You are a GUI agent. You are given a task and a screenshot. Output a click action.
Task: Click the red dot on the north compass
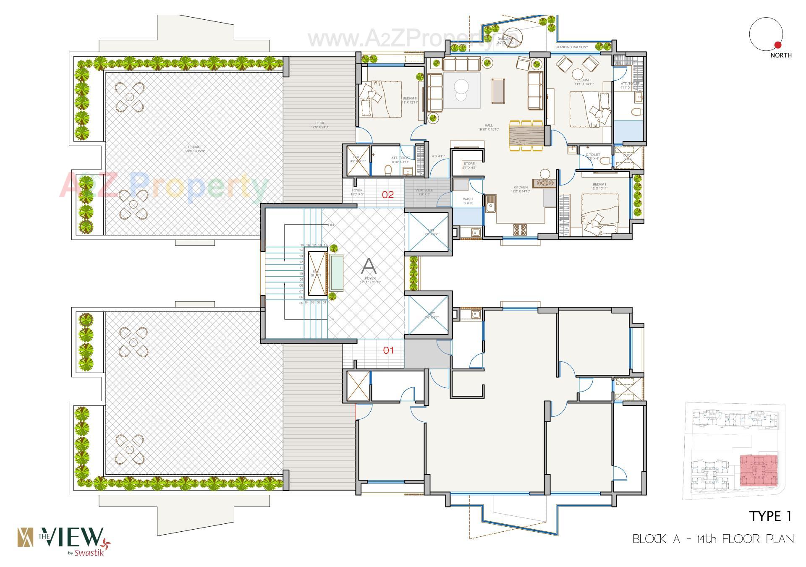point(778,45)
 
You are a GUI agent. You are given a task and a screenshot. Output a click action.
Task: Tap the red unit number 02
point(387,194)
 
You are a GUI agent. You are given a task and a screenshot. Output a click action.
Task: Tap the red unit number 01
point(388,350)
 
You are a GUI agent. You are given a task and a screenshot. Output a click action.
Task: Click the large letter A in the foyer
point(369,265)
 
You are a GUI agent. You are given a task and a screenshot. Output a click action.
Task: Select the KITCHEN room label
point(521,188)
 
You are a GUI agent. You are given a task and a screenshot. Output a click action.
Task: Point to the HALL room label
point(489,125)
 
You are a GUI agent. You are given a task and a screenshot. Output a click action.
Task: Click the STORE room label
point(469,164)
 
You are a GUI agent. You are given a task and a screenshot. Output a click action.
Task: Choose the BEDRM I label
point(599,185)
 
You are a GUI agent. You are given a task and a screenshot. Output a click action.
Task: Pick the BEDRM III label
point(410,99)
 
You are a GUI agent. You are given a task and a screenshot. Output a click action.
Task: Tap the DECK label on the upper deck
point(319,123)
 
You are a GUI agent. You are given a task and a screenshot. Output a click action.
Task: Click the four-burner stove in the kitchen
point(520,230)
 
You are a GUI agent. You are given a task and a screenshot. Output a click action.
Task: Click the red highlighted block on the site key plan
point(758,469)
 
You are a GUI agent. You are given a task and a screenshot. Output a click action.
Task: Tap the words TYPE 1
point(770,517)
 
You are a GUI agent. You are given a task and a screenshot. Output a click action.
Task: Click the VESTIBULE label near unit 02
point(424,191)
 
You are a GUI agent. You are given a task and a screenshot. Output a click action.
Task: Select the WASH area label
point(468,199)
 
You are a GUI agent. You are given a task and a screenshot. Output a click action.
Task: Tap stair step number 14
point(301,250)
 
